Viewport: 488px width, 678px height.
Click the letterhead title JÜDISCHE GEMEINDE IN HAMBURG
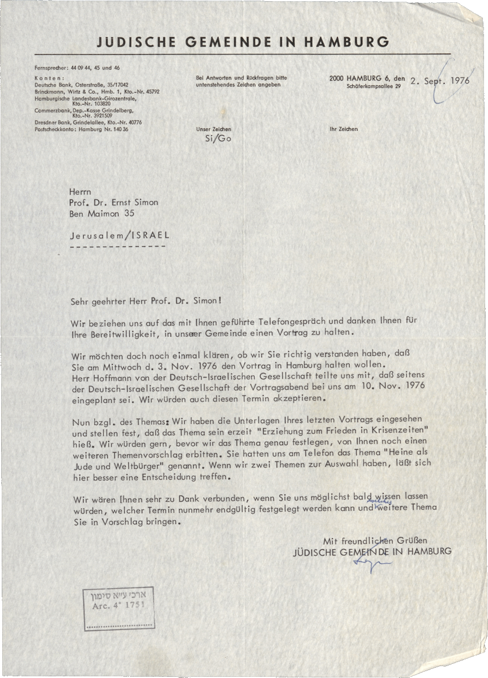(x=243, y=42)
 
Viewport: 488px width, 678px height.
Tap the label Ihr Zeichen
(x=343, y=129)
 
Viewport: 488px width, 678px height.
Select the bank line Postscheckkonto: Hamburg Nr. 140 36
(x=82, y=129)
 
